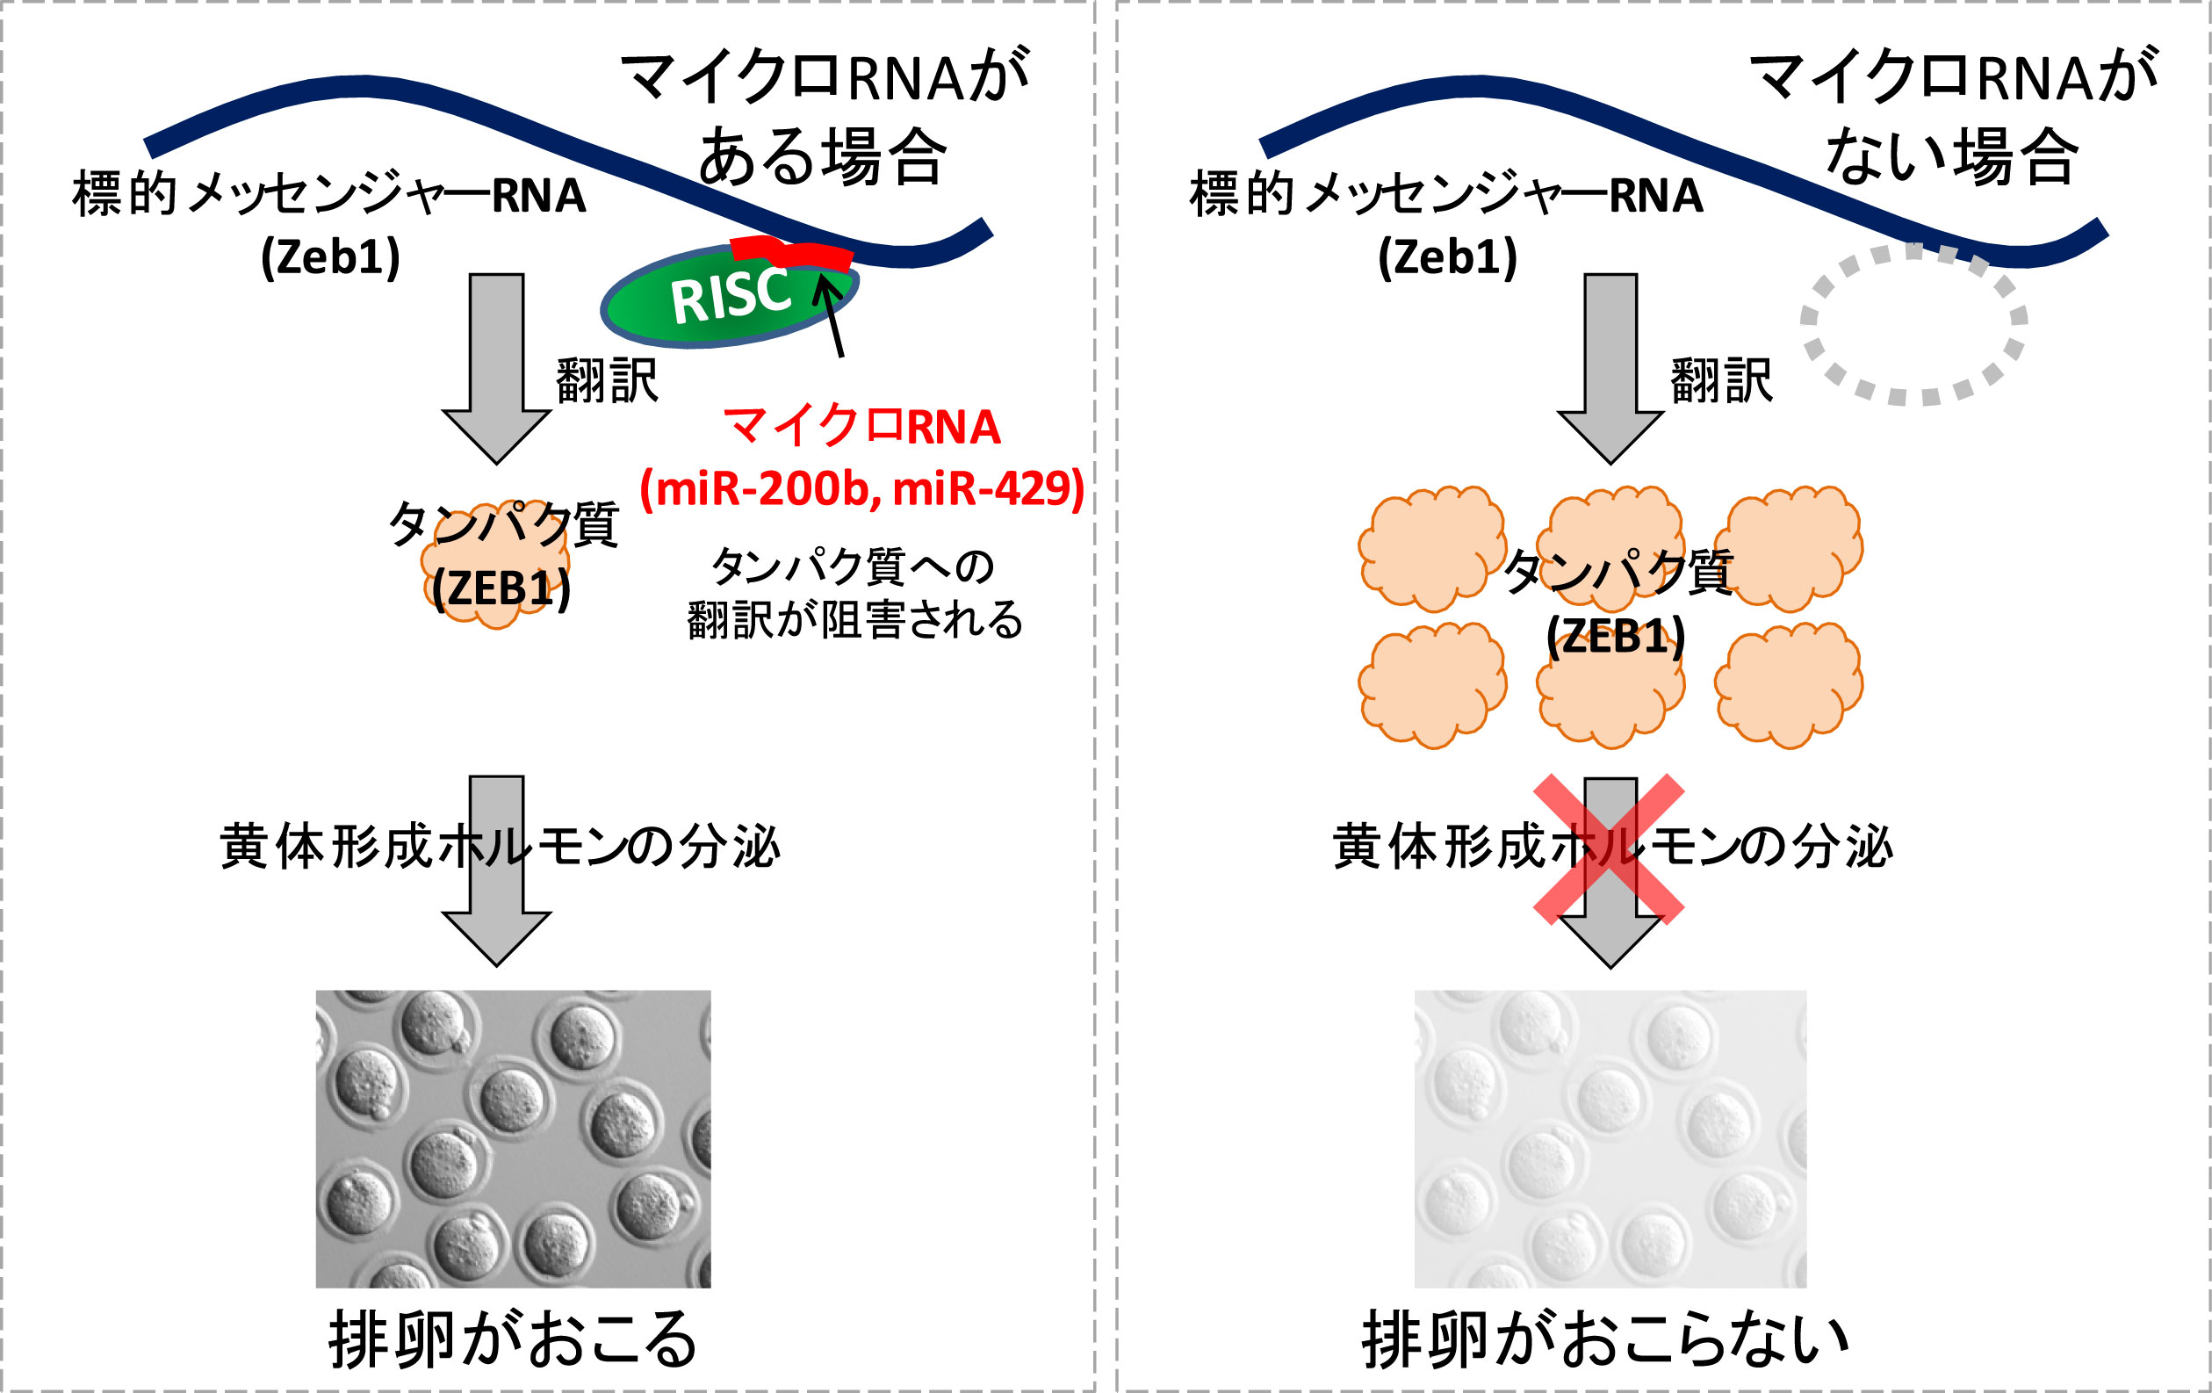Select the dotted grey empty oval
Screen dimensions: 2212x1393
[x=1914, y=324]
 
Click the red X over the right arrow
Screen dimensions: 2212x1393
[x=1610, y=848]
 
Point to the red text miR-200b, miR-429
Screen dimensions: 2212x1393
[x=861, y=488]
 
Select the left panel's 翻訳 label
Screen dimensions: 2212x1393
[x=607, y=380]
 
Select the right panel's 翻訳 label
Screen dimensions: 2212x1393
[x=1721, y=380]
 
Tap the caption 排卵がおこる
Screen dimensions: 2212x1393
[x=513, y=1339]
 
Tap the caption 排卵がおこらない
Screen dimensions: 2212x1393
[x=1606, y=1339]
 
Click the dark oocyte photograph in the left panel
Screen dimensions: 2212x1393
[x=513, y=1138]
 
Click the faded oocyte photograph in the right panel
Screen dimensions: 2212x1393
[x=1610, y=1138]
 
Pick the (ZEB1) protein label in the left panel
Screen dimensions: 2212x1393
[x=501, y=588]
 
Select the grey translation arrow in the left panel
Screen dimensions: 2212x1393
[x=497, y=367]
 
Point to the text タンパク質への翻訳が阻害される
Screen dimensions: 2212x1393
[x=854, y=593]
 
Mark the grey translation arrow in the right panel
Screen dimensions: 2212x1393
[x=1610, y=367]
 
